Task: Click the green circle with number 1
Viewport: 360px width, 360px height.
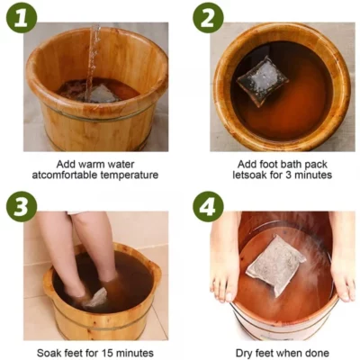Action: click(x=20, y=17)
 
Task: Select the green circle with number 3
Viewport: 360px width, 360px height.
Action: click(x=20, y=205)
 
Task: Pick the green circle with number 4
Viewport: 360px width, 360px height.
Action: click(x=206, y=205)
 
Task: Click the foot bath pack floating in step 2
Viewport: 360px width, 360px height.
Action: click(x=262, y=80)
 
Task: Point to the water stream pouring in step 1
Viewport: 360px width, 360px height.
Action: click(x=92, y=54)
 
